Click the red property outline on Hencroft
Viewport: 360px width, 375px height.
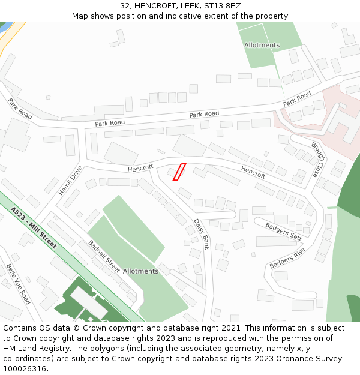pos(179,172)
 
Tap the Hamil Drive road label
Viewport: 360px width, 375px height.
pos(70,181)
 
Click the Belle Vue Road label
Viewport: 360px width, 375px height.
pos(18,283)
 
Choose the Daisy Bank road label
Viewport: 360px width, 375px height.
pos(202,233)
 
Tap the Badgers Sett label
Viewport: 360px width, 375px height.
pos(283,231)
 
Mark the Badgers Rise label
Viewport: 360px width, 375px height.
pos(287,257)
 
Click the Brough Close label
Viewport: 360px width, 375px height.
pos(319,159)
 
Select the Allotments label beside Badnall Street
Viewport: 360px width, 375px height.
pos(140,271)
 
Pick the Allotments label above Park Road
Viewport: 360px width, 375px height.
pos(262,45)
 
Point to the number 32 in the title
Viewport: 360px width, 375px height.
pos(125,5)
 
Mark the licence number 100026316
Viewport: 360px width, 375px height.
pos(25,368)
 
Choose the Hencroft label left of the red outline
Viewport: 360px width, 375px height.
pos(140,168)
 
